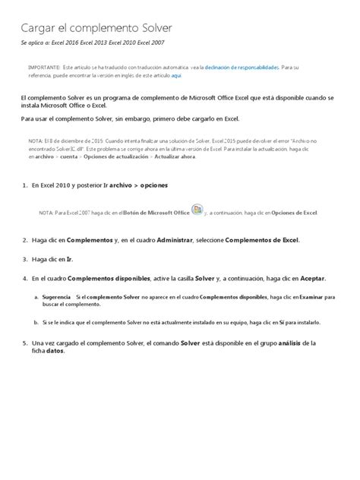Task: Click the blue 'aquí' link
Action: click(176, 77)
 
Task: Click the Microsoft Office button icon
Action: click(197, 210)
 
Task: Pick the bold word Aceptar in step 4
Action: click(318, 278)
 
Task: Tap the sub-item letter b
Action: click(36, 322)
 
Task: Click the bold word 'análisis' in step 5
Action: click(292, 343)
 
